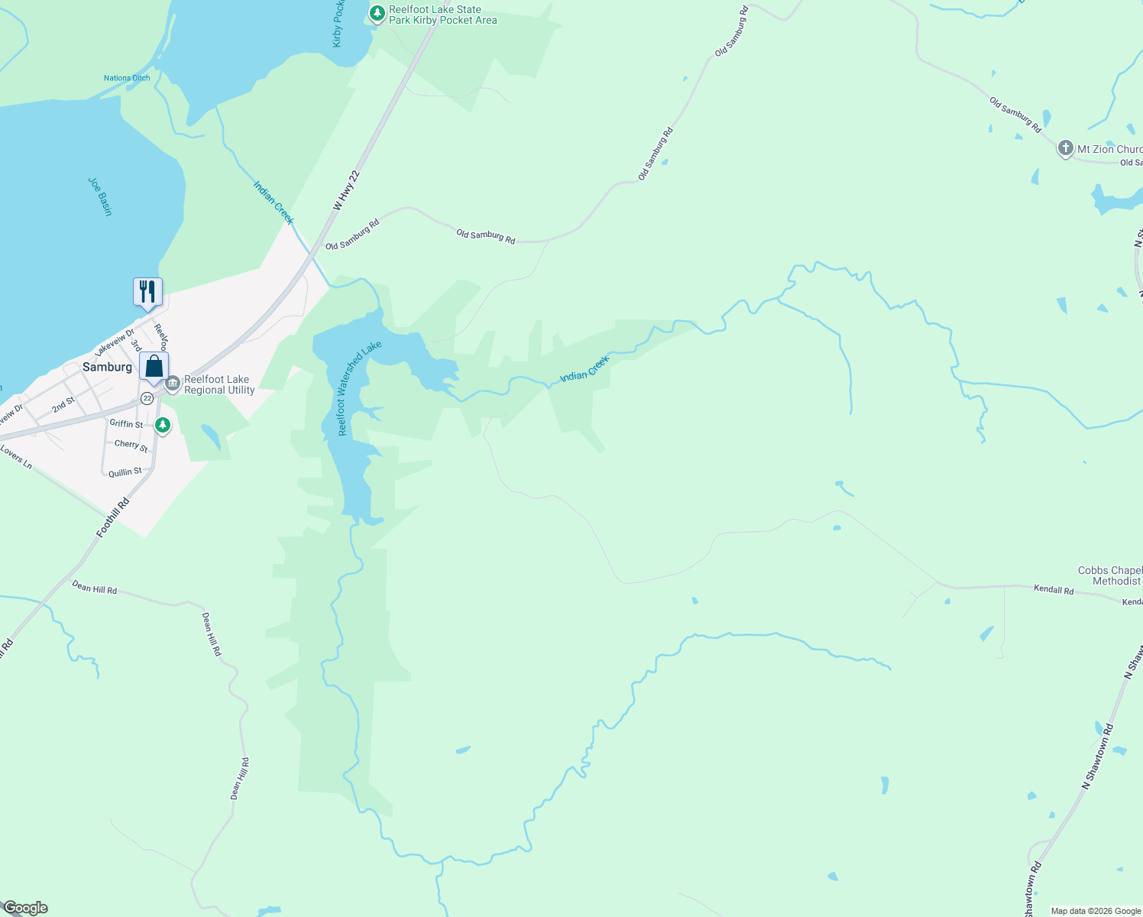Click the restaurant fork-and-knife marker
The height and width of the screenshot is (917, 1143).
pyautogui.click(x=147, y=292)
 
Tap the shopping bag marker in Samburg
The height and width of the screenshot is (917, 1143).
pyautogui.click(x=154, y=367)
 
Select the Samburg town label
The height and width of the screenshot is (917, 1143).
pyautogui.click(x=107, y=367)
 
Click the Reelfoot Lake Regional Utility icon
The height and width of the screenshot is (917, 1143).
pyautogui.click(x=173, y=383)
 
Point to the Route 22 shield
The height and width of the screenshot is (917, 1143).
pyautogui.click(x=147, y=398)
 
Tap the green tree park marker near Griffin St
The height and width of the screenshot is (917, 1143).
pyautogui.click(x=162, y=425)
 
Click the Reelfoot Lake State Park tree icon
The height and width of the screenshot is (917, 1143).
pyautogui.click(x=377, y=13)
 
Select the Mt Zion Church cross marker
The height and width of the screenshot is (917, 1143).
pyautogui.click(x=1065, y=148)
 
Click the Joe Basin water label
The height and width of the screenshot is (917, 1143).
pyautogui.click(x=100, y=196)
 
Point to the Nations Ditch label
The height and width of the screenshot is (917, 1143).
pyautogui.click(x=127, y=78)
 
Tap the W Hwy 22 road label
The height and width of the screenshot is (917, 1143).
pyautogui.click(x=346, y=190)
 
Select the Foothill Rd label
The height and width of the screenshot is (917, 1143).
pyautogui.click(x=113, y=517)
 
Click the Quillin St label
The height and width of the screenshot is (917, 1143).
pyautogui.click(x=125, y=472)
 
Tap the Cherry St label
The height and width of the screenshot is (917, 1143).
pyautogui.click(x=131, y=445)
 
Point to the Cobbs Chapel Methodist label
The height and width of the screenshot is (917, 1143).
pyautogui.click(x=1110, y=575)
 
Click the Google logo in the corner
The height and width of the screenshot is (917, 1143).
pyautogui.click(x=25, y=908)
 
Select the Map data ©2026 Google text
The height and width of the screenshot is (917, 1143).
pyautogui.click(x=1095, y=911)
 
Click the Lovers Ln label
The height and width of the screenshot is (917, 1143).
pyautogui.click(x=16, y=458)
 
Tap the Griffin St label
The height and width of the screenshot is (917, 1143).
pyautogui.click(x=126, y=423)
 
